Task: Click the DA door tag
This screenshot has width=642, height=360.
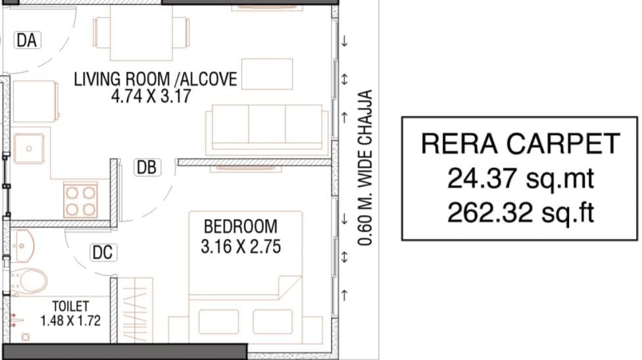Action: (x=28, y=41)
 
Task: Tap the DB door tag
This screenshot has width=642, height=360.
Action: (x=147, y=168)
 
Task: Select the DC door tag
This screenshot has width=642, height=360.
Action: (x=103, y=253)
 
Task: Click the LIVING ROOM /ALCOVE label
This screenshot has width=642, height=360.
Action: (x=155, y=79)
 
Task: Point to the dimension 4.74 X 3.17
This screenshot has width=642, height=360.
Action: (x=151, y=96)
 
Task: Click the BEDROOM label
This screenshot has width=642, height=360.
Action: (x=240, y=226)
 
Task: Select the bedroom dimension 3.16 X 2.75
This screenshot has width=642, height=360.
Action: (x=241, y=247)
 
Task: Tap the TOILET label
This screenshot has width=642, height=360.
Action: (x=70, y=306)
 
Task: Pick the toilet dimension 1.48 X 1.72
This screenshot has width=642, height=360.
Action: (x=70, y=321)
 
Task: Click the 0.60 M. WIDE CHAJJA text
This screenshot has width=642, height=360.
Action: (x=364, y=168)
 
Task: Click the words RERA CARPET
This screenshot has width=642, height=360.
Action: (x=520, y=143)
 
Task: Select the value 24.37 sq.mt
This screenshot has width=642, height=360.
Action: (x=520, y=178)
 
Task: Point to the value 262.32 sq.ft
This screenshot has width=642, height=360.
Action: (x=520, y=213)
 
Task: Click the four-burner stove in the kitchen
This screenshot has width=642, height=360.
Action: (x=80, y=200)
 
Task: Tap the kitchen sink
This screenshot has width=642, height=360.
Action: (x=29, y=148)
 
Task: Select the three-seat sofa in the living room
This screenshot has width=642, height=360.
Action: (x=267, y=130)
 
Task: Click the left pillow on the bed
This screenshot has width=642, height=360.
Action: (x=218, y=322)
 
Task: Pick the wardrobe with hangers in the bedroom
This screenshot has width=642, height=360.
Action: (x=135, y=310)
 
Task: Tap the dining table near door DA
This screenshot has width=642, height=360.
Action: (x=141, y=32)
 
